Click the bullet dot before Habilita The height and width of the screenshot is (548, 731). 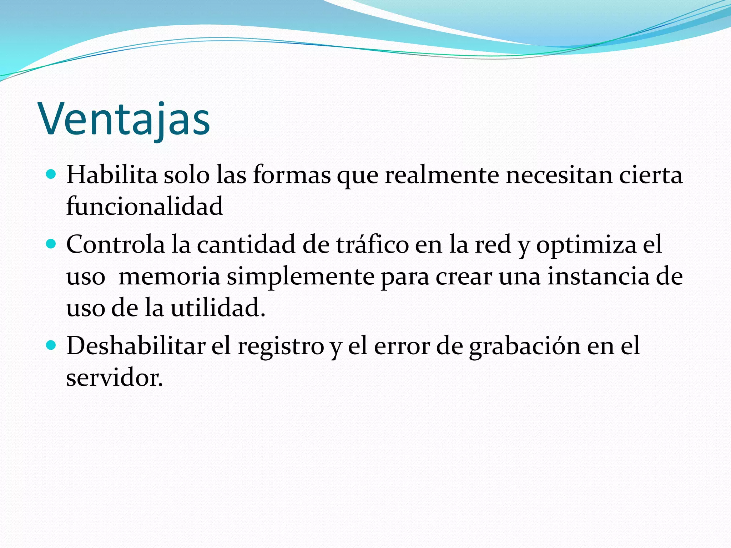point(51,174)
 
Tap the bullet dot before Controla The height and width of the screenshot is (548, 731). point(51,244)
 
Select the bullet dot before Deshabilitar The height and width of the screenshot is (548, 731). point(51,345)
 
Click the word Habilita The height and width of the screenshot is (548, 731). point(112,175)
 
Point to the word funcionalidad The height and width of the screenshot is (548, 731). point(145,206)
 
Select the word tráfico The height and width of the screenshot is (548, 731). point(372,245)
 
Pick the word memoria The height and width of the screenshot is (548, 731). point(169,276)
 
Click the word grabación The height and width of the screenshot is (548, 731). point(524,346)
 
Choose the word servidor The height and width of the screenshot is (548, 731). point(114,377)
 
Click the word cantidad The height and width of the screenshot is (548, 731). point(246,245)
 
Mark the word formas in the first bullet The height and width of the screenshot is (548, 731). point(292,175)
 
